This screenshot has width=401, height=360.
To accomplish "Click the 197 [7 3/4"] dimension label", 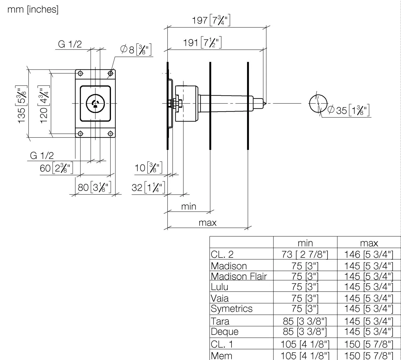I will pos(211,20).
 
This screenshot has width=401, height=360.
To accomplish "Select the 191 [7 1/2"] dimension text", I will pos(202,43).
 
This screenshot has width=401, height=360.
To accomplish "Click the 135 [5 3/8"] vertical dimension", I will pos(22,104).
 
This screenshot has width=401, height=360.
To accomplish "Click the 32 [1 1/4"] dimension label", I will pos(148,187).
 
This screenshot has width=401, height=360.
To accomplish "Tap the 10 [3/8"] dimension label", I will pos(148,168).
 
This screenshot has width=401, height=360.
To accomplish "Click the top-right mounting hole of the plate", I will pos(110,73).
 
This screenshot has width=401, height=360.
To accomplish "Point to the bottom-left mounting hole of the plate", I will pos(80,134).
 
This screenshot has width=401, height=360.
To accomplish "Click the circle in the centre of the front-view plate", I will pos(95,103).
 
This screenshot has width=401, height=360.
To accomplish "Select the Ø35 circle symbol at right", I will pos(318,103).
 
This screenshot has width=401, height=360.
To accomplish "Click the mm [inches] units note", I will pos(33,9).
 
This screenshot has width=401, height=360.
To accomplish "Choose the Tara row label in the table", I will pos(220,321).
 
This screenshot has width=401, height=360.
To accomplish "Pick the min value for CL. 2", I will pos(305,254).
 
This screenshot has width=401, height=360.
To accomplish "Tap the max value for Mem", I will pos(369,355).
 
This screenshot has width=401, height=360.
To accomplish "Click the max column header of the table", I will pos(369,243).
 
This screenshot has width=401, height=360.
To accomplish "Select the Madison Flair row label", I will pos(239,276).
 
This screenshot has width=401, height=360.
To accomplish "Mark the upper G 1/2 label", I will pos(70,44).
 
